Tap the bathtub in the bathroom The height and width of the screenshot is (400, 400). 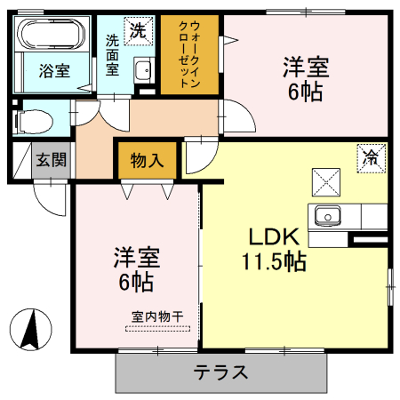point(51,38)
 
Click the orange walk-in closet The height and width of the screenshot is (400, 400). point(189,56)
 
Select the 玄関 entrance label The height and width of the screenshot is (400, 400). point(51,161)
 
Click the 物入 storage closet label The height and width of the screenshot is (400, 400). point(147,161)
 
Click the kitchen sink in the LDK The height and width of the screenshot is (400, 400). point(327,215)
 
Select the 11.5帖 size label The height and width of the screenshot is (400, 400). point(274,262)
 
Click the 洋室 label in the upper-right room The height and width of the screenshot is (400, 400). point(306,67)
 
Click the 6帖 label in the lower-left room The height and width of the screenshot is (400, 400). point(136,283)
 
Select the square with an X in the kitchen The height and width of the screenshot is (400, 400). point(324,181)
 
